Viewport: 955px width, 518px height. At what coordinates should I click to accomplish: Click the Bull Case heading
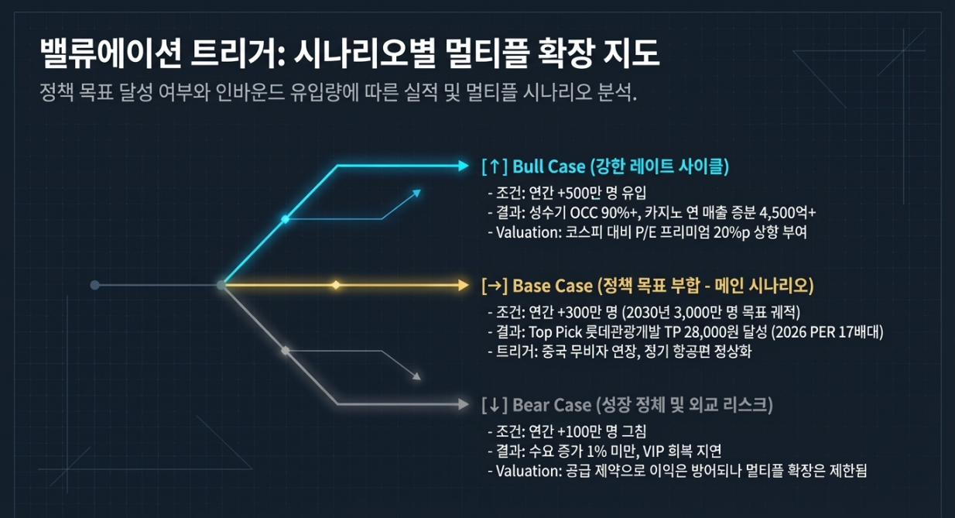[604, 166]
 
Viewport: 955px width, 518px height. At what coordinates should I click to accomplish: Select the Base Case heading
[647, 286]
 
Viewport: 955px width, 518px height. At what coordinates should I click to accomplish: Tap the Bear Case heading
[626, 404]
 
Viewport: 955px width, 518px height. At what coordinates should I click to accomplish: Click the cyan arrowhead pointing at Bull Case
[464, 165]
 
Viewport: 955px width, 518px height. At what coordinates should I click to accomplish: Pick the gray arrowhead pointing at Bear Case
[464, 404]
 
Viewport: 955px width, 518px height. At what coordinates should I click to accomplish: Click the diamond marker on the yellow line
[336, 285]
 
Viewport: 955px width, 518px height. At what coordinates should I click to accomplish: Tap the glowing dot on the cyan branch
[285, 220]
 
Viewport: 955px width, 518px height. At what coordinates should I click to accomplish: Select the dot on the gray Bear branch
[285, 351]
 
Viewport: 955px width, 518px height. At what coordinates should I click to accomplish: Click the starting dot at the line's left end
[94, 285]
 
